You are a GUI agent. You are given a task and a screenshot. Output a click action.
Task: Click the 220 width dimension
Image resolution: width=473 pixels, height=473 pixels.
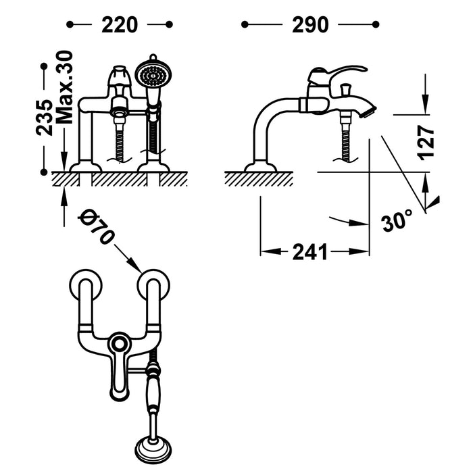coord(120,25)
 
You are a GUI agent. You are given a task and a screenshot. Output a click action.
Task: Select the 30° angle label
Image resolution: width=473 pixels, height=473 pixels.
coord(397,221)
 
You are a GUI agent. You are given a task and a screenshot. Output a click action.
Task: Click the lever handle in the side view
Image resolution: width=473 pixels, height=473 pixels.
coord(341,71)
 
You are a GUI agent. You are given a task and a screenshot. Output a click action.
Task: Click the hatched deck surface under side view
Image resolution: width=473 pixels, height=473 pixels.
coord(259,178)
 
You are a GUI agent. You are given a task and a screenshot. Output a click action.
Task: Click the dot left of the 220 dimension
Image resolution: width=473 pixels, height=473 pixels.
coord(70,25)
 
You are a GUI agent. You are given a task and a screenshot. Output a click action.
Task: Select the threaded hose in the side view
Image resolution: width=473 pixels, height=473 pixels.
coord(347,142)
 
